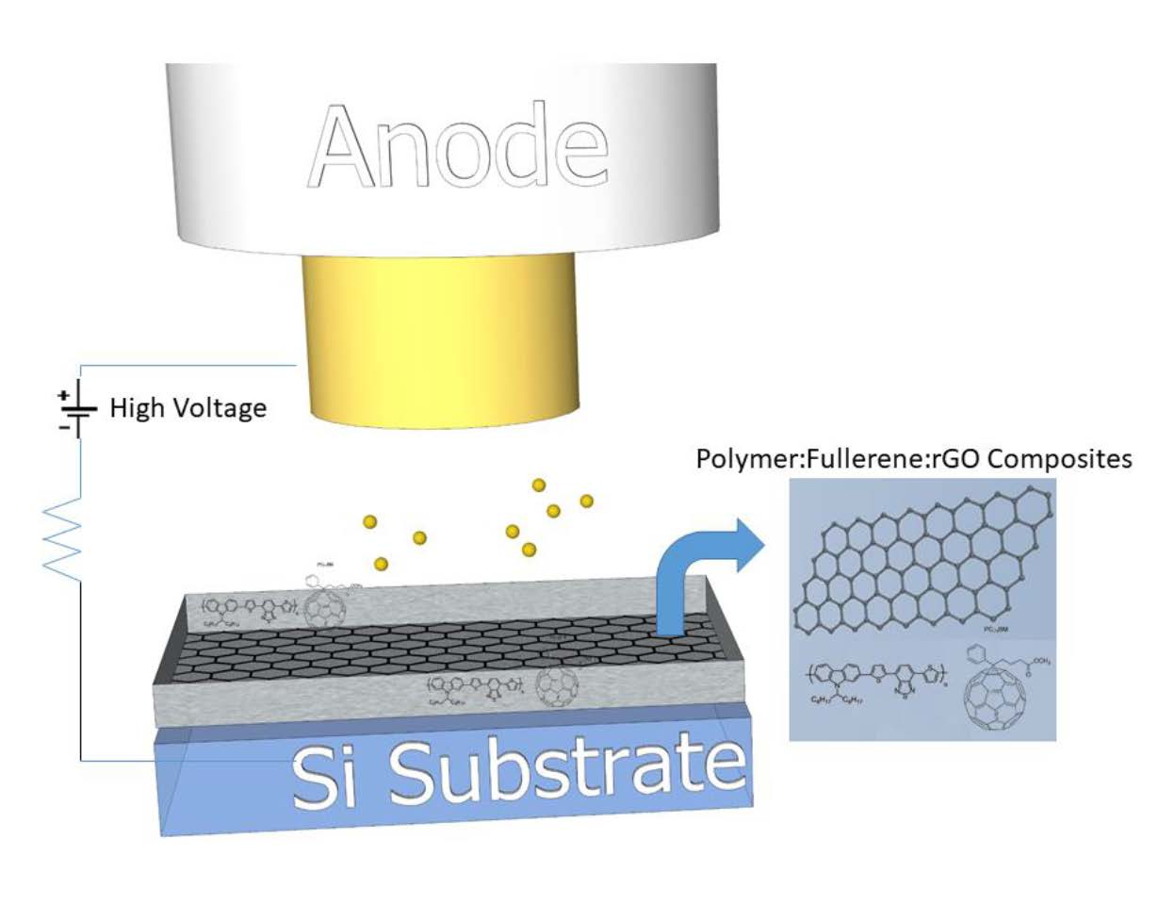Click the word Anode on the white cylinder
click(x=460, y=147)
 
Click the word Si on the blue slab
click(x=323, y=777)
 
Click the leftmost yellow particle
click(x=370, y=521)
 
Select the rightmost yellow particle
click(x=586, y=500)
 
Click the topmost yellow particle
click(x=539, y=485)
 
